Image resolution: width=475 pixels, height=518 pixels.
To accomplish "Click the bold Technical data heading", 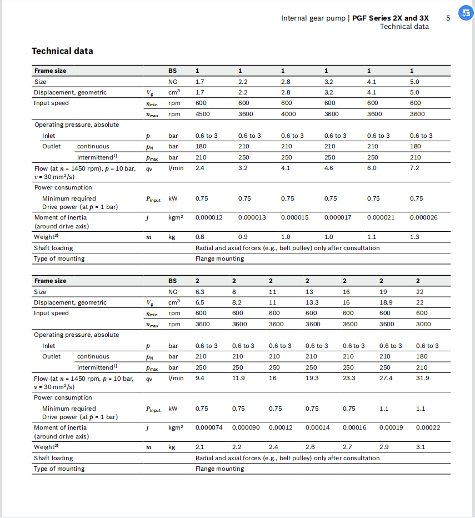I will coord(62,51).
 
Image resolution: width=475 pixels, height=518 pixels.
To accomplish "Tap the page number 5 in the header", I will coord(448,18).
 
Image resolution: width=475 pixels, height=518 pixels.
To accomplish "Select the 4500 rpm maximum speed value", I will coord(202,114).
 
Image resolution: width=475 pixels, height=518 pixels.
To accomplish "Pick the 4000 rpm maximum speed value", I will coord(288,114).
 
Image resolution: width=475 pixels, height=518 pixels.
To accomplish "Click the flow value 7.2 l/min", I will coord(414,167).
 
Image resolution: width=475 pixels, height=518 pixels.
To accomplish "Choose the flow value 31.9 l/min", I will coord(422,378).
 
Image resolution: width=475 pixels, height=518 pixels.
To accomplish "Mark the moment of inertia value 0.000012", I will coord(209,217).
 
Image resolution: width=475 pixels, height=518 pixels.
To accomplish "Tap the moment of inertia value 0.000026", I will coord(423,217).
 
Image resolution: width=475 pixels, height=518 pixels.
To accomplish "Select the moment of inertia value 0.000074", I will coord(209,427).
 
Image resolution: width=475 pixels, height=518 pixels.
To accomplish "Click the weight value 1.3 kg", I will coord(414,237).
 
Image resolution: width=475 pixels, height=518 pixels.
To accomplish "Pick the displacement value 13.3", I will coord(312,302).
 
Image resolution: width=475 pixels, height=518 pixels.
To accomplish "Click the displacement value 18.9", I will coord(386,302).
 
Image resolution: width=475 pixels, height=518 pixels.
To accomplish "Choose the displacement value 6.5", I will coord(200,302).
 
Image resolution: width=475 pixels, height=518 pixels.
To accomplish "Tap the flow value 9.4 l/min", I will coord(200,378).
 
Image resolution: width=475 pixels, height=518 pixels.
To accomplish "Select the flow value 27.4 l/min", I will coord(386,378).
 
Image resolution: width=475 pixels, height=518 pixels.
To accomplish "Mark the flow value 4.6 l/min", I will coord(328,167).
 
